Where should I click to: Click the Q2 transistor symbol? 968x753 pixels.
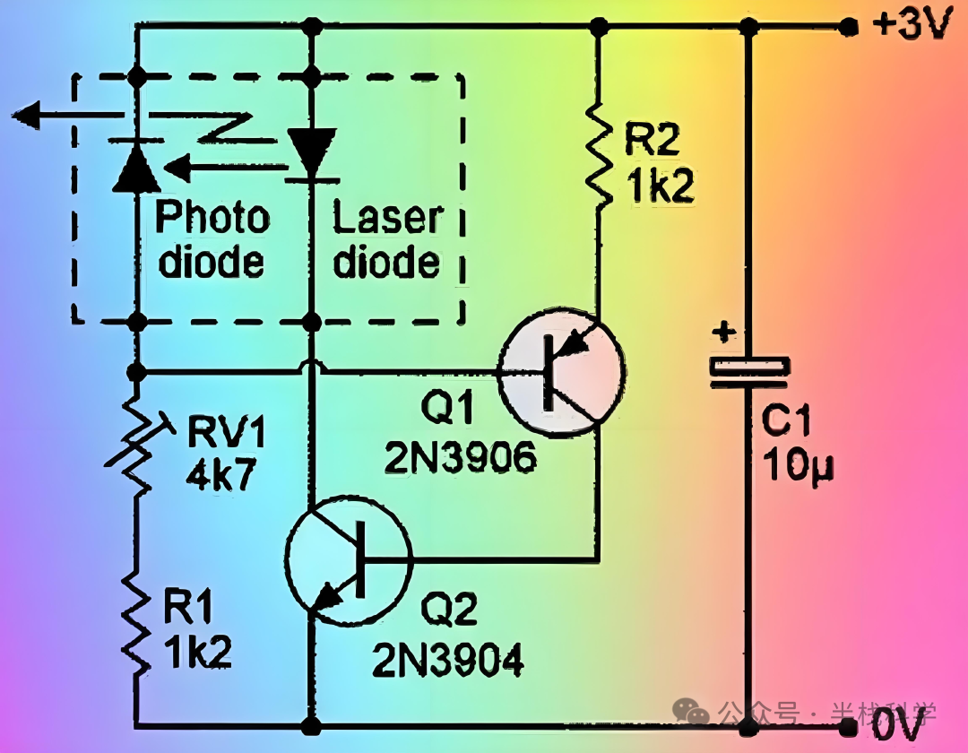[x=348, y=561]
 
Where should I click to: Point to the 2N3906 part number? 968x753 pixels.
[x=461, y=459]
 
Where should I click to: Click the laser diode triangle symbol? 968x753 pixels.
[x=312, y=152]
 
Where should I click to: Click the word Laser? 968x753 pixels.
[x=387, y=218]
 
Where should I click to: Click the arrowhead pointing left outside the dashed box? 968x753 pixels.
[x=27, y=114]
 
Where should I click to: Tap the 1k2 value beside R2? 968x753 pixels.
[x=660, y=187]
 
